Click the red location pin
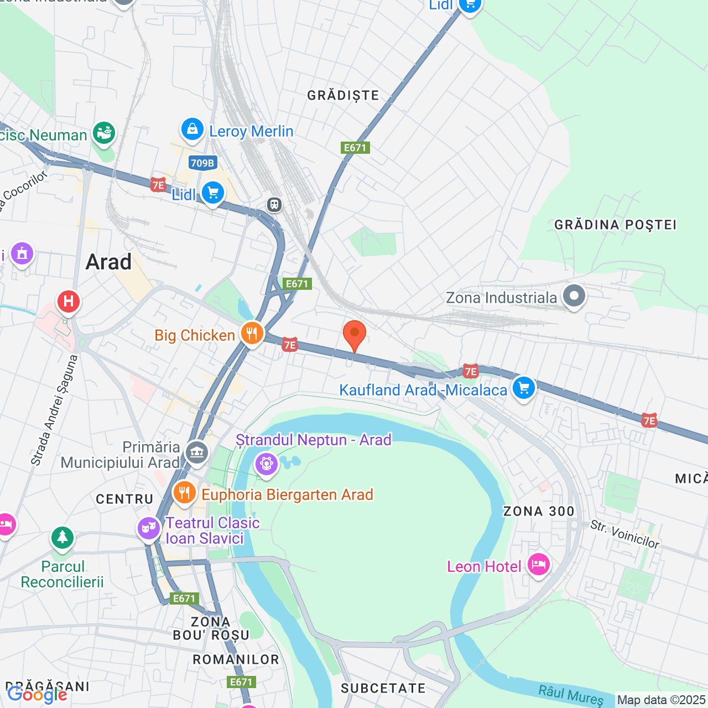coord(354,335)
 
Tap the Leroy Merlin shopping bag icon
coord(192,130)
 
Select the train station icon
coord(274,205)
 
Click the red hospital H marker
coord(69,301)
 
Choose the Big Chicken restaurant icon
coord(252,334)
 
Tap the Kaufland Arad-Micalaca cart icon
coord(523,387)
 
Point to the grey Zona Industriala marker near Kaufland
coord(574,296)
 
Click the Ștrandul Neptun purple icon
coord(267,463)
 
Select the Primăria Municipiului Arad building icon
coord(196,453)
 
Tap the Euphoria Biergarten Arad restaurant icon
coord(184,492)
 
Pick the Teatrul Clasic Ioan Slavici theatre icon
coord(148,528)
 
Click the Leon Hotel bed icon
coord(538,565)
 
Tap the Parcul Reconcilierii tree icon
coord(63,537)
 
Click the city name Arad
coord(108,262)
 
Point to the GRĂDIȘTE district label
coord(343,96)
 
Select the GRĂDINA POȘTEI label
coord(615,225)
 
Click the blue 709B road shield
coord(202,163)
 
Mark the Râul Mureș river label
coord(571,695)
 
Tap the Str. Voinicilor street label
coord(624,534)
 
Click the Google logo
coord(37,695)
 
